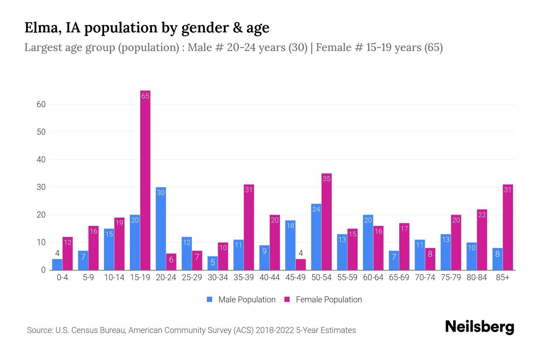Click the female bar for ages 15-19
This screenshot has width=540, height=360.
pyautogui.click(x=145, y=180)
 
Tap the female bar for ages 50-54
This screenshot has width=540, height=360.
pyautogui.click(x=326, y=222)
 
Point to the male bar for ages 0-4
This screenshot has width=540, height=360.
pyautogui.click(x=57, y=264)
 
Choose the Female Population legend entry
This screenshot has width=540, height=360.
pyautogui.click(x=323, y=299)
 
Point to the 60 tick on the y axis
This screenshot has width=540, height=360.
pyautogui.click(x=41, y=104)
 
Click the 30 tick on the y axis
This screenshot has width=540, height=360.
pyautogui.click(x=41, y=187)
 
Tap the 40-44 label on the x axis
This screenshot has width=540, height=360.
pyautogui.click(x=269, y=277)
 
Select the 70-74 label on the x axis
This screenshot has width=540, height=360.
pyautogui.click(x=425, y=277)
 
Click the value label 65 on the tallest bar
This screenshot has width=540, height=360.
pyautogui.click(x=145, y=96)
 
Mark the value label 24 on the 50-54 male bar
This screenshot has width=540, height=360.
pyautogui.click(x=316, y=209)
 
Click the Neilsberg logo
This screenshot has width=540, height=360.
pyautogui.click(x=479, y=327)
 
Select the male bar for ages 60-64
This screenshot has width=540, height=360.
pyautogui.click(x=368, y=242)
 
